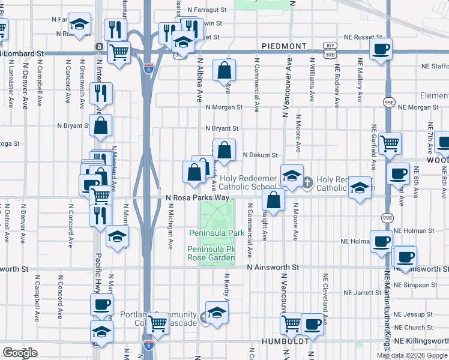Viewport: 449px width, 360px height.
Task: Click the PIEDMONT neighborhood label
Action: click(285, 46)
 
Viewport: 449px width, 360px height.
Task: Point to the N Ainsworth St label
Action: click(272, 267)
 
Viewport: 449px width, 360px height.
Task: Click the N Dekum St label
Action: click(261, 155)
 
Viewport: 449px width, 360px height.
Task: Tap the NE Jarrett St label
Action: click(366, 293)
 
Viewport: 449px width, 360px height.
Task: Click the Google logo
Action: click(20, 353)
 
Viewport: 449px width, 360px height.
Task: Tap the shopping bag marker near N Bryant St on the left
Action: click(101, 125)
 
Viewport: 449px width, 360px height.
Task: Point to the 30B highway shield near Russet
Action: click(330, 55)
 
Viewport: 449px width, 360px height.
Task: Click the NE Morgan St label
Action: click(418, 107)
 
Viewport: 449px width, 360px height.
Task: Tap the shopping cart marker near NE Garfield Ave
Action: click(390, 144)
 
